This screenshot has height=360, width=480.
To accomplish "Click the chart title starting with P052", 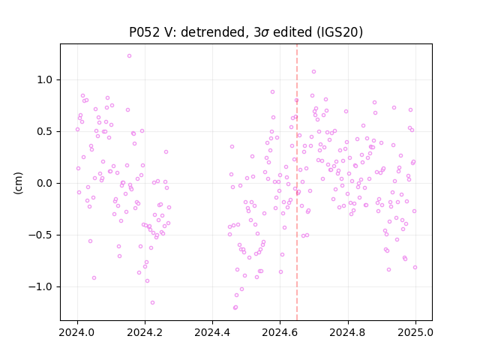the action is click(246, 31).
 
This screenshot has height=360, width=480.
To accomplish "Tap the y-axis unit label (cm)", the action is click(18, 183).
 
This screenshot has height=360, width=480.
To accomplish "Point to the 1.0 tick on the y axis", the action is click(45, 80).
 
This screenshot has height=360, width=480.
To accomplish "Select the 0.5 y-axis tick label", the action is click(45, 132).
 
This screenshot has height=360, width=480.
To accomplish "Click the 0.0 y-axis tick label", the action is click(45, 183).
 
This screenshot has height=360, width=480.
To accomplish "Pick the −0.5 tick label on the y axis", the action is click(40, 235).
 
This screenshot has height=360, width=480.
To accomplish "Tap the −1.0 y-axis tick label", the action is click(40, 286).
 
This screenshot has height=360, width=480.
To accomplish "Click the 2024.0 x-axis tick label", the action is click(77, 332).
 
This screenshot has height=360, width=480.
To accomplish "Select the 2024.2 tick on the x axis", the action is click(145, 332).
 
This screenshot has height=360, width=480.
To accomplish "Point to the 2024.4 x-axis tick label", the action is click(212, 332).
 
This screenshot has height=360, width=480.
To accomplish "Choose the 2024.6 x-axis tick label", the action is click(280, 332).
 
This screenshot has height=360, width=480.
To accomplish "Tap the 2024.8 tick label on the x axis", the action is click(348, 332).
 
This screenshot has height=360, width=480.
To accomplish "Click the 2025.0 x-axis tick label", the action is click(415, 332).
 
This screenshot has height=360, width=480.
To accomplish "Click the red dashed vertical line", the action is click(297, 182).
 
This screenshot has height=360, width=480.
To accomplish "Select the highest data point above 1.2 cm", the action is click(129, 56).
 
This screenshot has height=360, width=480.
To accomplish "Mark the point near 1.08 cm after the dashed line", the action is click(313, 72).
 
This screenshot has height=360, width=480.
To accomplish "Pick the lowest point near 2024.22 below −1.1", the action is click(152, 303).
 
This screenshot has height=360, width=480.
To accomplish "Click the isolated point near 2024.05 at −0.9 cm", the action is click(94, 278).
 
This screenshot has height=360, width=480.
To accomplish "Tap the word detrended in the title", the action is click(213, 31).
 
